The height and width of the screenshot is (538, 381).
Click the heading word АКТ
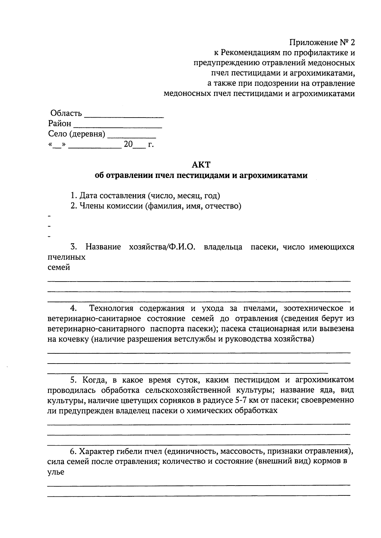click(201, 165)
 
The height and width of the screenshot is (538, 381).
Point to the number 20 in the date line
click(128, 144)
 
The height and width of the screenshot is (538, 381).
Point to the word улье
click(56, 472)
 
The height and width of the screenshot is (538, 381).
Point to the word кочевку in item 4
click(74, 339)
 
